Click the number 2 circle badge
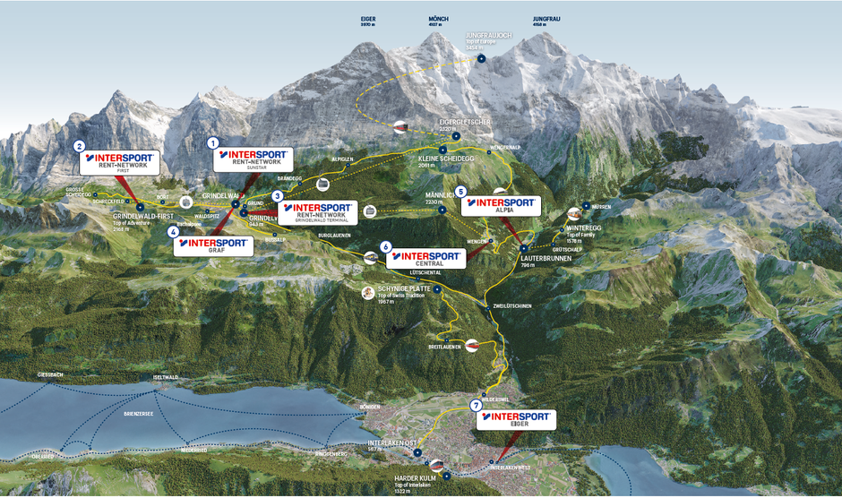80,146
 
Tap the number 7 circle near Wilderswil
476,406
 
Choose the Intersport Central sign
428,258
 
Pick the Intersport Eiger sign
517,419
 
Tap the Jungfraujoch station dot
481,58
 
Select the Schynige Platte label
404,289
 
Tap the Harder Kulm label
413,479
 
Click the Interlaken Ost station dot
417,453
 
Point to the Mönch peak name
438,19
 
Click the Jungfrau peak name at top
546,19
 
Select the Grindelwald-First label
142,217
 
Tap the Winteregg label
583,228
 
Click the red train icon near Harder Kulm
436,464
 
